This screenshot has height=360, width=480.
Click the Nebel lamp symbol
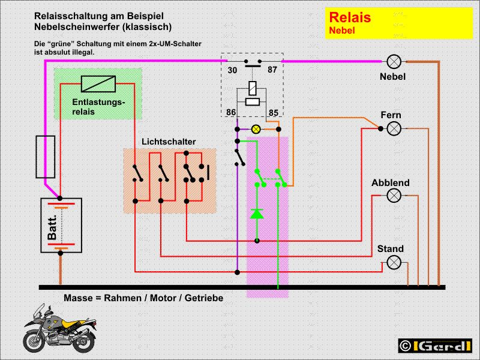pos(394,61)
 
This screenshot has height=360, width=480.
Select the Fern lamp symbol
pos(394,128)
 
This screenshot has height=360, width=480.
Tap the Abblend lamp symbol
pos(394,196)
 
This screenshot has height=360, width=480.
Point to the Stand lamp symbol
pos(394,262)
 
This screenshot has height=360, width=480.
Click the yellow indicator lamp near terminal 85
pos(256,128)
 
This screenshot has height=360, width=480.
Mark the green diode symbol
pos(257,213)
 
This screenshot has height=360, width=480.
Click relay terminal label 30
pos(232,70)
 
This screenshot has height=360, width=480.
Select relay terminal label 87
pos(272,70)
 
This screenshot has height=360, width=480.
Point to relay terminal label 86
pos(232,112)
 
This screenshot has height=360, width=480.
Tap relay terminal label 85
pos(273,112)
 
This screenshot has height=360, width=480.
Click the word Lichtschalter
pos(169,142)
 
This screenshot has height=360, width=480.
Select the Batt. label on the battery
pos(52,227)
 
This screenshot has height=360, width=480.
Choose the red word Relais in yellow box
pos(350,17)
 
